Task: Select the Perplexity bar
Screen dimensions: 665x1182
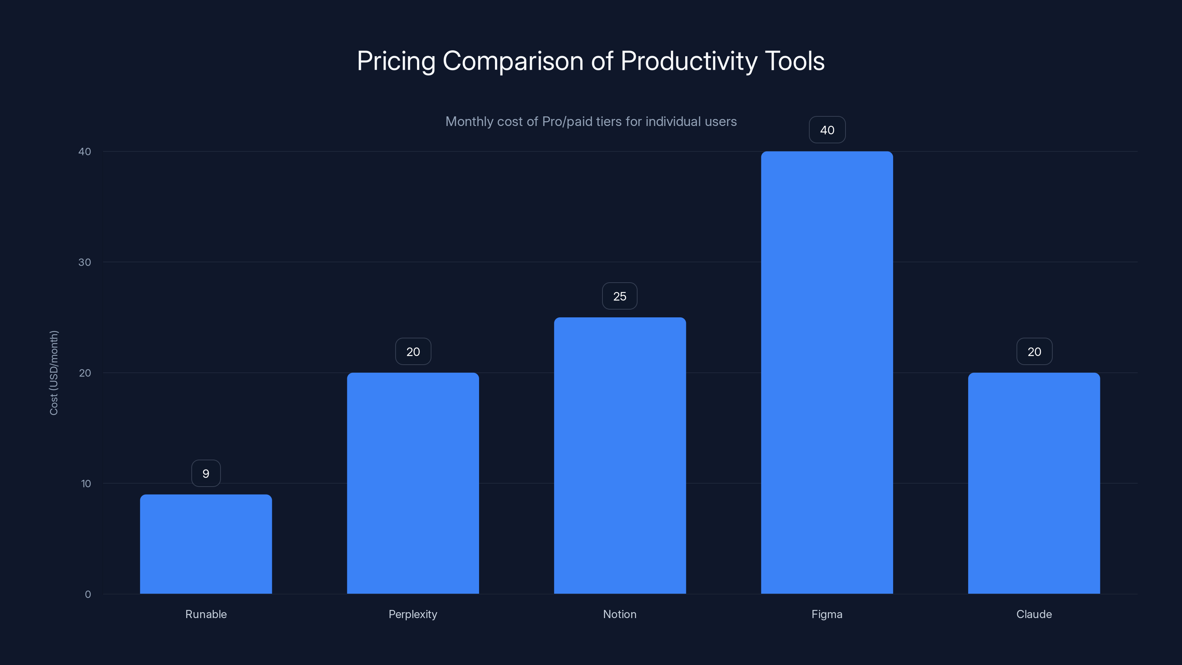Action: click(x=413, y=483)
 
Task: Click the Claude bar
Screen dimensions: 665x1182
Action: click(x=1034, y=483)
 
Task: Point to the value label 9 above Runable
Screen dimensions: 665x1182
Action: click(x=206, y=473)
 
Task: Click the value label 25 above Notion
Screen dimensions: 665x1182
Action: click(x=619, y=296)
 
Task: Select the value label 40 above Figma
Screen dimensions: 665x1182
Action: click(x=827, y=130)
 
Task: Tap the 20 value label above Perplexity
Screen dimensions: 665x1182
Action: click(x=413, y=352)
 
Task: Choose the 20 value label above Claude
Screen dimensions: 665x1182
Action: click(x=1034, y=352)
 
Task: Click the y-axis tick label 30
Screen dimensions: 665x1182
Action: click(x=85, y=262)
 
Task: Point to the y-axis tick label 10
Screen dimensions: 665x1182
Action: click(x=86, y=483)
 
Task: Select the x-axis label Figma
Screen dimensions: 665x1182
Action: click(x=827, y=614)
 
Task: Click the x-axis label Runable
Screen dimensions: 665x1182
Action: click(x=206, y=614)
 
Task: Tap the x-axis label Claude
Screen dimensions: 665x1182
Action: click(x=1034, y=614)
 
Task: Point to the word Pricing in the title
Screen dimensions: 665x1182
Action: click(x=396, y=61)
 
